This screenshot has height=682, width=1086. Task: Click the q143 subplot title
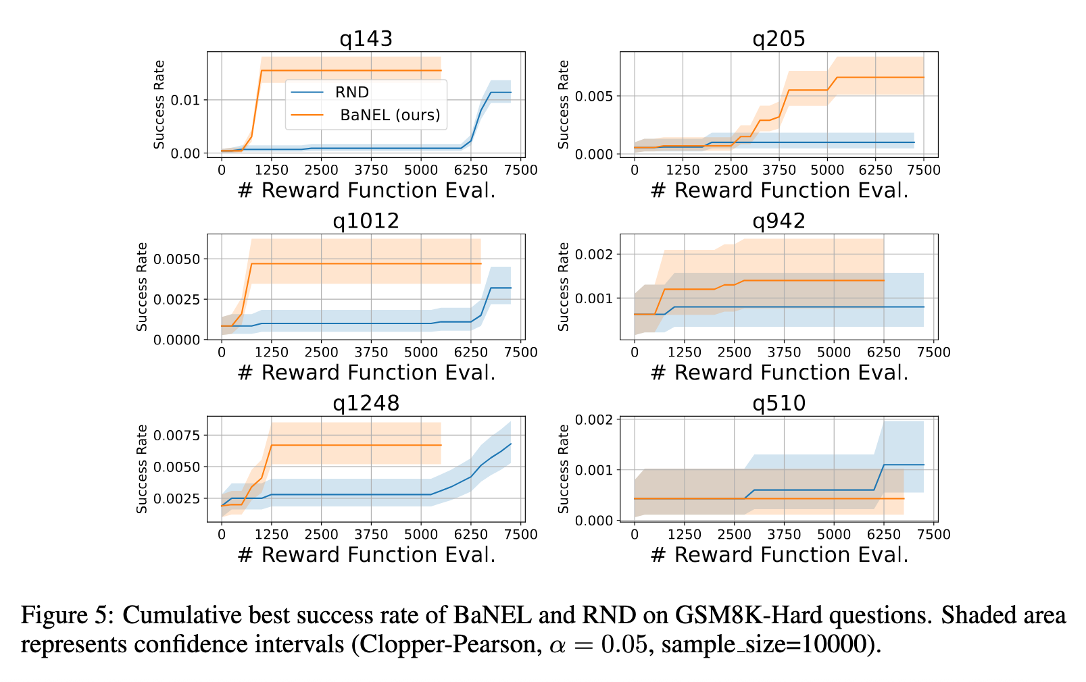366,38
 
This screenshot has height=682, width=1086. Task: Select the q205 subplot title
779,38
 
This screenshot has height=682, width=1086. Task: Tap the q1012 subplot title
366,221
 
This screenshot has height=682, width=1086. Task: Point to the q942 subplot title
779,221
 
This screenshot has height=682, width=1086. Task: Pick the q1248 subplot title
366,403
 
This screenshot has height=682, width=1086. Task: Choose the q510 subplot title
779,403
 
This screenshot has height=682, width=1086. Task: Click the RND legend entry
352,93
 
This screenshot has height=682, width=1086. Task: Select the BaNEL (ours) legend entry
390,115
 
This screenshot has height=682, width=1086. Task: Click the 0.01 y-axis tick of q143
187,100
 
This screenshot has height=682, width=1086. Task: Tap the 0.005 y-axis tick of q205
593,96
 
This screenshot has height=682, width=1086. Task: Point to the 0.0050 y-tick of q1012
177,259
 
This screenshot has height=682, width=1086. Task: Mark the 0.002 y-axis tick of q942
593,255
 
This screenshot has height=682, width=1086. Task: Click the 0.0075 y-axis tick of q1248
177,436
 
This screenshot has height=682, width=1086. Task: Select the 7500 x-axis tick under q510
933,534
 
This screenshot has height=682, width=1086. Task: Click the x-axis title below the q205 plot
779,190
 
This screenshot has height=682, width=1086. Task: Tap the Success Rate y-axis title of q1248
142,469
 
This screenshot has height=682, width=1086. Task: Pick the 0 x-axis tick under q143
222,169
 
